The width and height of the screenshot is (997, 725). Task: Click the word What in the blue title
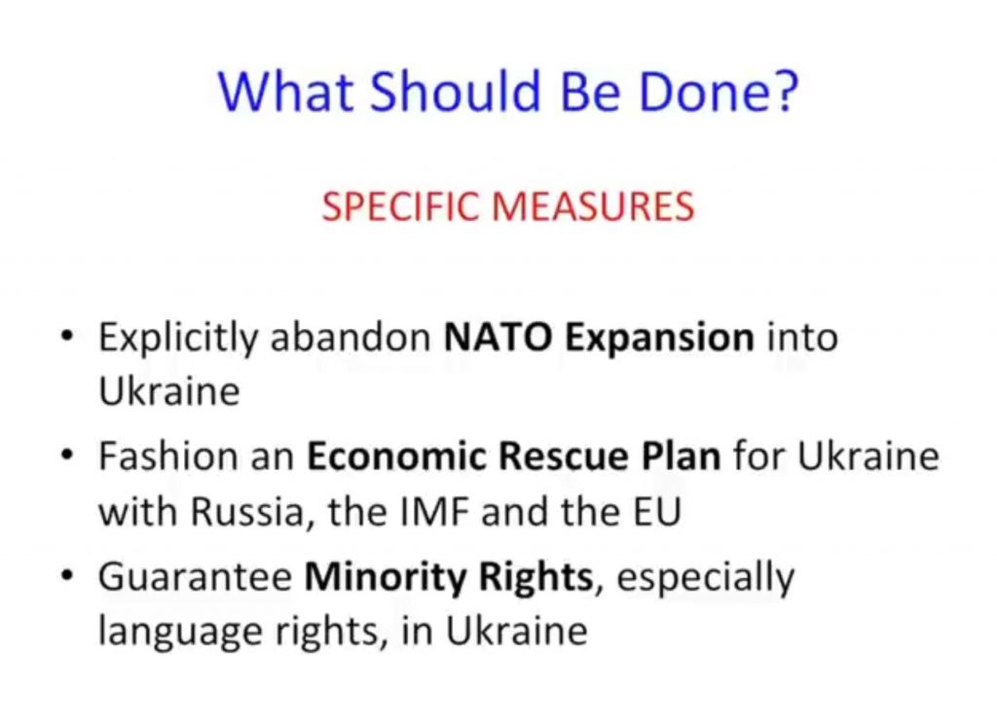coord(285,91)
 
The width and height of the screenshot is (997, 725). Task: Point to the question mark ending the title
coord(786,92)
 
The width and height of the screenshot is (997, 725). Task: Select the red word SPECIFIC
coord(400,206)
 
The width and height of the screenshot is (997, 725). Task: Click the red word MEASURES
coord(593,206)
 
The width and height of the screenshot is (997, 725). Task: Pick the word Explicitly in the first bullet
coord(177,338)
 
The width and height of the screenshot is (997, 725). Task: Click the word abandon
coord(351,337)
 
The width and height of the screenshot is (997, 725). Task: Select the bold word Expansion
coord(659,339)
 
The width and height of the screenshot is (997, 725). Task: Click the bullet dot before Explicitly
coord(67,335)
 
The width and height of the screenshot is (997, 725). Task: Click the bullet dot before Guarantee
coord(67,575)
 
